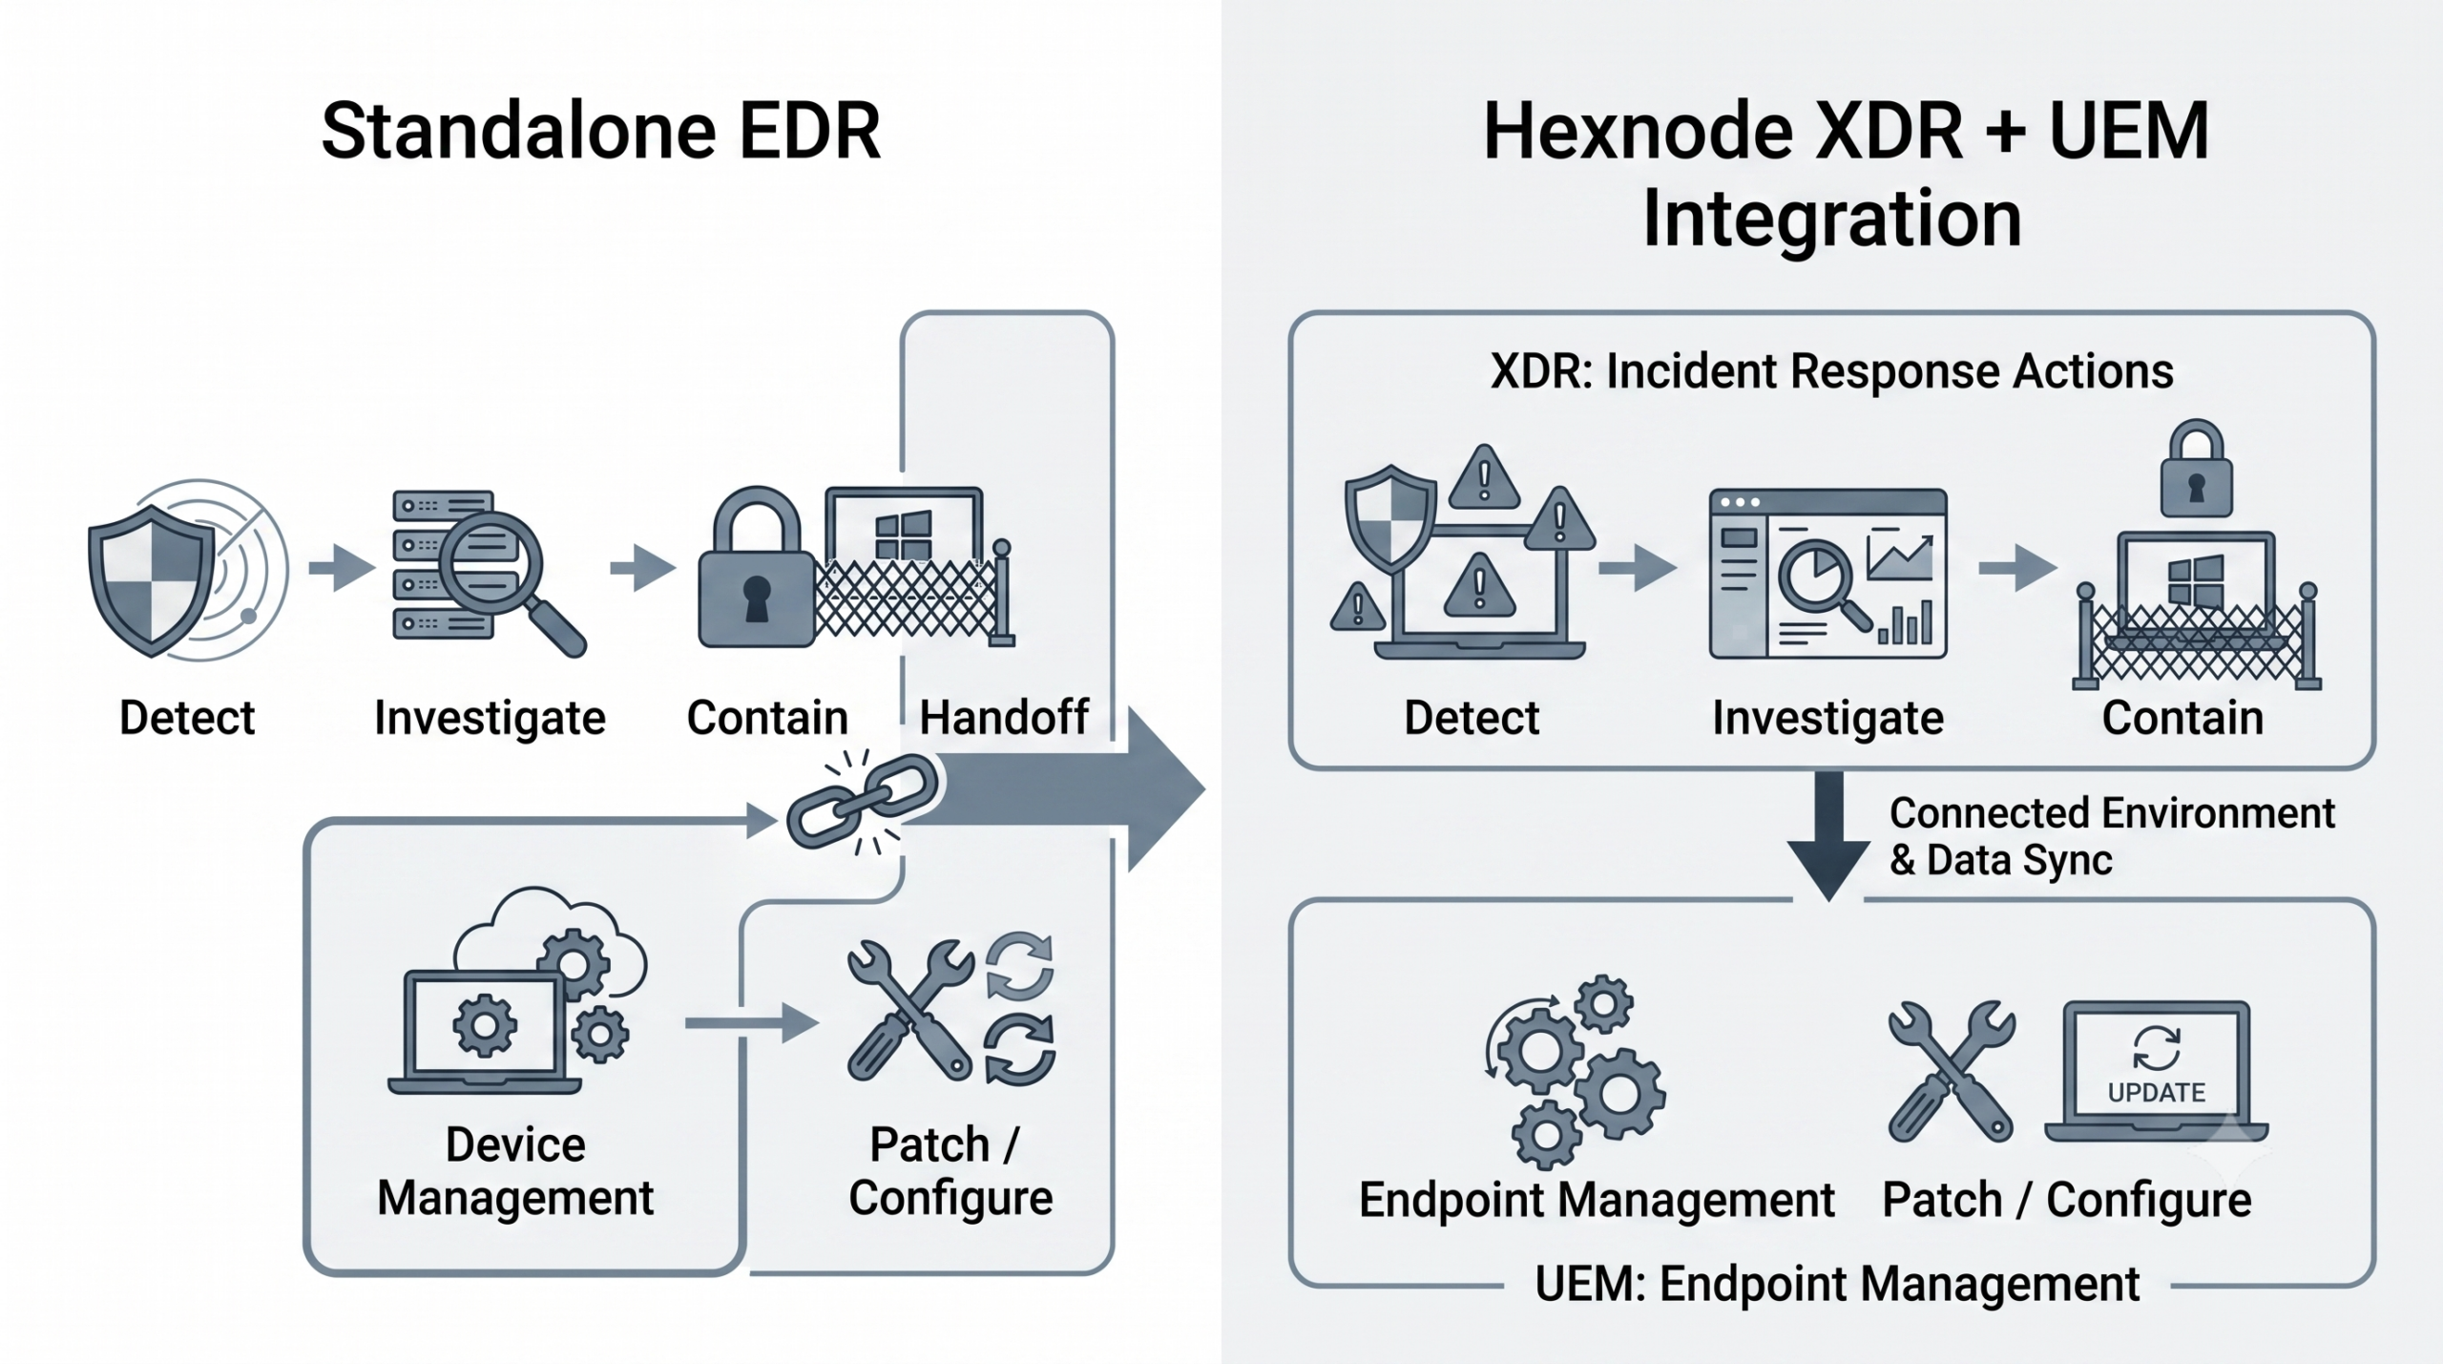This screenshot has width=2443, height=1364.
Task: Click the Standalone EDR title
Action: point(600,131)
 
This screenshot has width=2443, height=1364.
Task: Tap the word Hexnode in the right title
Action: point(1638,131)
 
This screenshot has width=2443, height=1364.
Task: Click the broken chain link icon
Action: point(862,800)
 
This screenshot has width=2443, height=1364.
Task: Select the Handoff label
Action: point(1003,717)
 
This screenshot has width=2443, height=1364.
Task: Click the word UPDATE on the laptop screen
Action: point(2156,1093)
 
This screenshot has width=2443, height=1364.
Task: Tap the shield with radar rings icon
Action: point(187,570)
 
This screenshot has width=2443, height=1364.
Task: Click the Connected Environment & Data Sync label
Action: point(2112,836)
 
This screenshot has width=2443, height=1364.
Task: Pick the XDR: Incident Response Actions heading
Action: point(1831,370)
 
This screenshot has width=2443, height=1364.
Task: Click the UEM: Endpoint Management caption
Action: point(1837,1284)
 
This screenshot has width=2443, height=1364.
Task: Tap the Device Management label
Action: point(515,1171)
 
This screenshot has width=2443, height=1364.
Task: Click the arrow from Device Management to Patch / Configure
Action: point(752,1023)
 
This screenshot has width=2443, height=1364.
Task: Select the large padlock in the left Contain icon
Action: point(756,567)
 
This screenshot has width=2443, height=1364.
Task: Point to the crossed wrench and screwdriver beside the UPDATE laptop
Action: point(1952,1071)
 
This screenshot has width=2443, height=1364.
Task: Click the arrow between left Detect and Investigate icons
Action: point(342,569)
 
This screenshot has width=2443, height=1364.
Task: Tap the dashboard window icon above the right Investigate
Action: point(1827,574)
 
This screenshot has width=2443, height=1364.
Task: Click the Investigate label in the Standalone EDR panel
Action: point(490,718)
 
